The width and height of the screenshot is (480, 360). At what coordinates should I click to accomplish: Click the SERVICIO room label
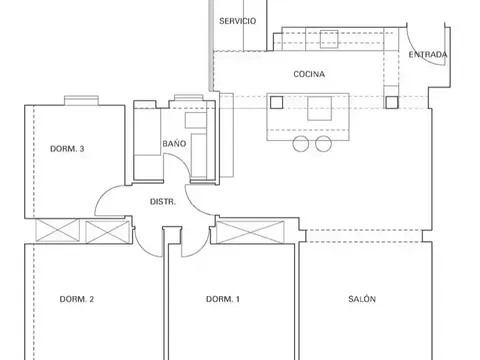[x=237, y=21]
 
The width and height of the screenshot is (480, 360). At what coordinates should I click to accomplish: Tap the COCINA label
[x=309, y=74]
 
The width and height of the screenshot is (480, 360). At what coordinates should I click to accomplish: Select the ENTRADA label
[x=428, y=54]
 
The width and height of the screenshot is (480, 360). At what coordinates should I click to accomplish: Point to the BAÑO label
[x=174, y=143]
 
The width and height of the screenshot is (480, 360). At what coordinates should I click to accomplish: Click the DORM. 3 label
[x=67, y=149]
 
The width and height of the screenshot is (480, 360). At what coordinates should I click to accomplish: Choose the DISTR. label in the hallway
[x=163, y=202]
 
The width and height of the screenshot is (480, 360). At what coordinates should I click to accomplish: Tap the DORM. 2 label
[x=77, y=299]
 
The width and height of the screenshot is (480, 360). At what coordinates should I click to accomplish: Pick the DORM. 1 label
[x=223, y=299]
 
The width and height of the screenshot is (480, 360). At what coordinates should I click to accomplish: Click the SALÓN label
[x=362, y=299]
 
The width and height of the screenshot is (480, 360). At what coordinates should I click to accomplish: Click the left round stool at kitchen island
[x=301, y=144]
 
